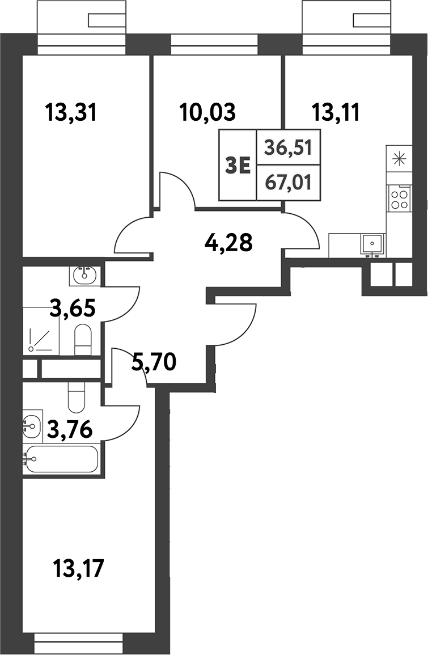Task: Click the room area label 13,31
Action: [x=71, y=113]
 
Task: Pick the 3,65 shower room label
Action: [x=72, y=311]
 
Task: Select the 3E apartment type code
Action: [x=239, y=166]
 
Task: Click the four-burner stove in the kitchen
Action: [x=399, y=198]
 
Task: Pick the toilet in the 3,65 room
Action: [x=83, y=338]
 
